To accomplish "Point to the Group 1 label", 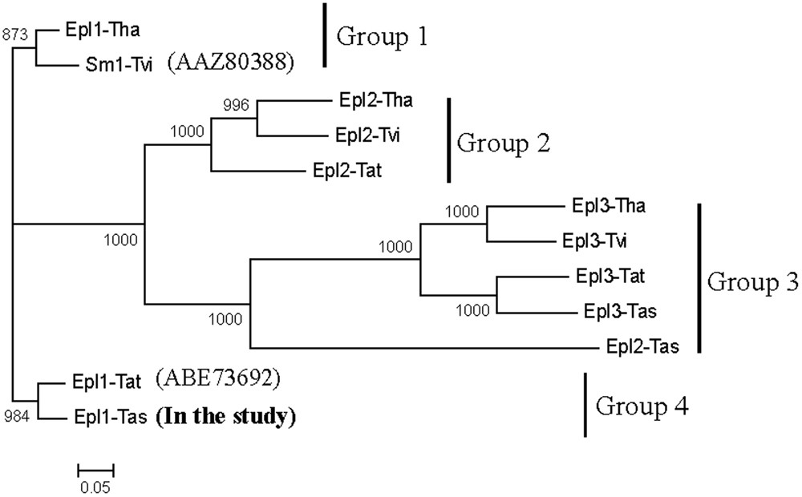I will (x=383, y=36).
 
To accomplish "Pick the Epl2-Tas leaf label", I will (x=643, y=347).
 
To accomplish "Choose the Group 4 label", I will (x=641, y=406).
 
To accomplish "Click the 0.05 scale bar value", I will (x=95, y=485).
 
